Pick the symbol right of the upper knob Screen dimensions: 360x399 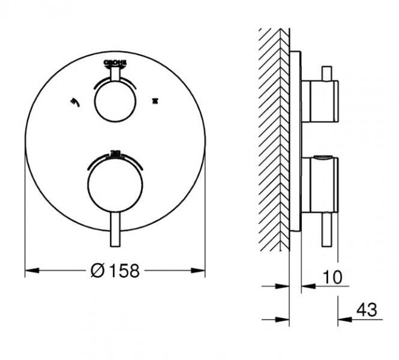[x=157, y=101]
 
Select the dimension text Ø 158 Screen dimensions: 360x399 [x=115, y=271]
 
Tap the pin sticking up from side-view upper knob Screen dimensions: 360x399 [x=327, y=73]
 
